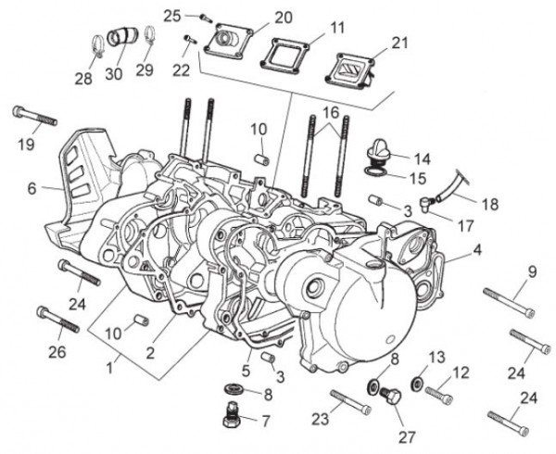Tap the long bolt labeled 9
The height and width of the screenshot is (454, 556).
508,301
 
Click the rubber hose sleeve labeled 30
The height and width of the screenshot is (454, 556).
120,39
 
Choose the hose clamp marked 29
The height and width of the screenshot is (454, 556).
145,39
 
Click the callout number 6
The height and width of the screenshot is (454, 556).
32,188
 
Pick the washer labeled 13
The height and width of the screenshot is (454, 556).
418,383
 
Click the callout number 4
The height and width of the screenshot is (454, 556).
476,249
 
